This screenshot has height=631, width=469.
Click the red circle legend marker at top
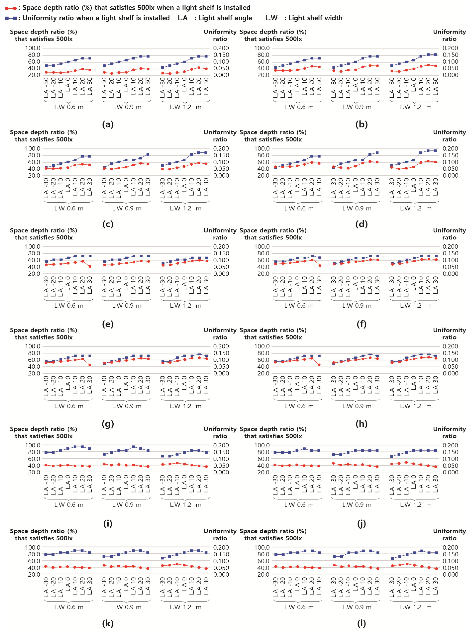tap(11, 8)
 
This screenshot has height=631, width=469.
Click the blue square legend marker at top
tap(11, 18)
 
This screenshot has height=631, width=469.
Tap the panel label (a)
tap(108, 124)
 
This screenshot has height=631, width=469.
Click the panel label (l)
tap(361, 623)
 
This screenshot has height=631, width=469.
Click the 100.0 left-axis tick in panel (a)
tap(33, 48)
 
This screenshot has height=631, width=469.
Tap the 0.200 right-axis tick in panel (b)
tap(450, 48)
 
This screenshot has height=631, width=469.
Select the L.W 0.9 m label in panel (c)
tap(127, 208)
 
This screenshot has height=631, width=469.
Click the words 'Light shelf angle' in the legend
tap(225, 18)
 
